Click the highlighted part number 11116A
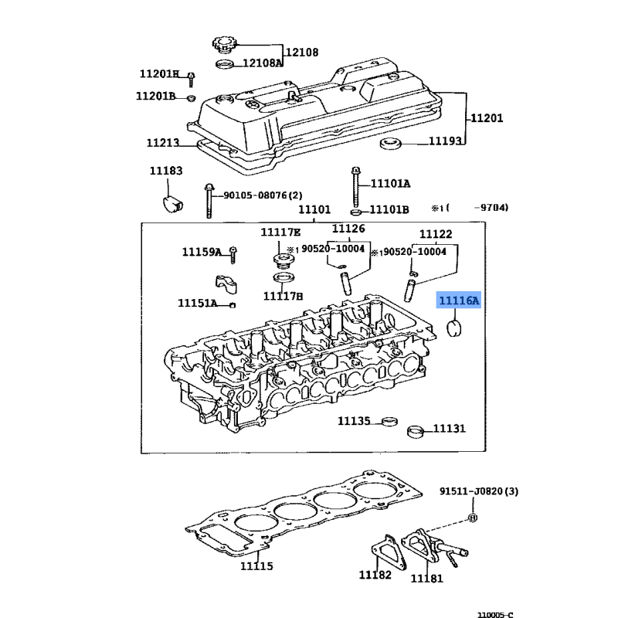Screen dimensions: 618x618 [459, 301]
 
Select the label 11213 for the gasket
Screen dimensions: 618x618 [163, 142]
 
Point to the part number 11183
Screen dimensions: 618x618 [166, 170]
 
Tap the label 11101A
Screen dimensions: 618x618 [390, 184]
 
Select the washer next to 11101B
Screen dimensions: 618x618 [355, 211]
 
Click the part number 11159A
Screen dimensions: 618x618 [202, 252]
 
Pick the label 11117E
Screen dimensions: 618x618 [280, 233]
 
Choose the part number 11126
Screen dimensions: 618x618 [348, 228]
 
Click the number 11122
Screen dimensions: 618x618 [436, 234]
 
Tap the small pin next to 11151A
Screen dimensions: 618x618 [233, 304]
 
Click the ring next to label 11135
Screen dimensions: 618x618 [389, 421]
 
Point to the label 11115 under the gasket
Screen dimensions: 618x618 [257, 566]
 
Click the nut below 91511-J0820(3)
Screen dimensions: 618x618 [473, 517]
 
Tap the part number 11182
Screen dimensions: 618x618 [375, 575]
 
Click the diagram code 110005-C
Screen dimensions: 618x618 [494, 614]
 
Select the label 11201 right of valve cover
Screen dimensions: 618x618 [487, 118]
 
